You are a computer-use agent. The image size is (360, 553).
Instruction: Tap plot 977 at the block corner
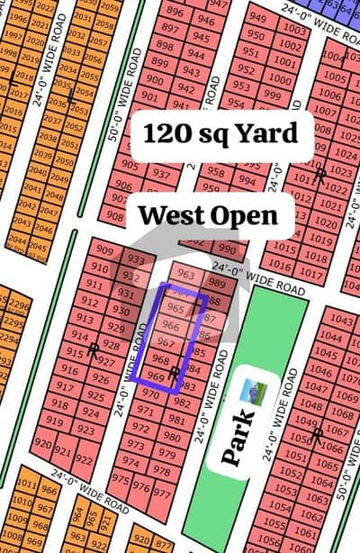coord(162,492)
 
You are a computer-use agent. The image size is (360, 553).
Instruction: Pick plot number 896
coord(176,13)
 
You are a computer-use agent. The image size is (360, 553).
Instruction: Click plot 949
coord(258,17)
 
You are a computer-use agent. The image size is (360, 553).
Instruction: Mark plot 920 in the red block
coord(42,445)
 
